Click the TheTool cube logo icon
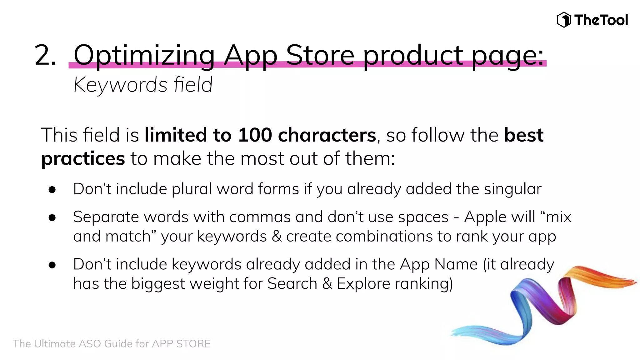(x=564, y=20)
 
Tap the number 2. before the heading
(x=46, y=55)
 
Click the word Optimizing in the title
(x=144, y=55)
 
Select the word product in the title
(x=413, y=55)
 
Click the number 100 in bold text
(x=255, y=135)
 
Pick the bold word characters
(x=327, y=135)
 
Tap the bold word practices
(x=83, y=159)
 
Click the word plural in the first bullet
(x=192, y=189)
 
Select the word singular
(x=512, y=189)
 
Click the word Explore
(x=363, y=284)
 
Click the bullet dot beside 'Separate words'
(x=52, y=217)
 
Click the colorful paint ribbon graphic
(x=544, y=306)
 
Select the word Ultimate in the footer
(x=54, y=344)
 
